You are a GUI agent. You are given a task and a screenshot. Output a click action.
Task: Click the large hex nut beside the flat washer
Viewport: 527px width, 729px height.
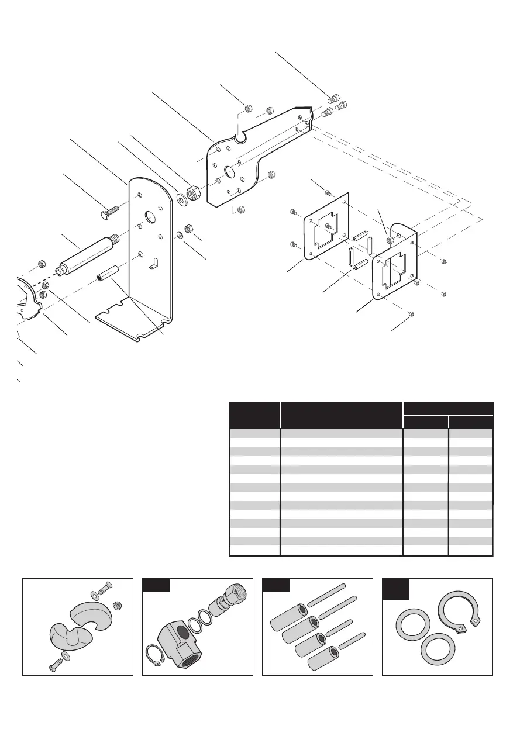(x=193, y=191)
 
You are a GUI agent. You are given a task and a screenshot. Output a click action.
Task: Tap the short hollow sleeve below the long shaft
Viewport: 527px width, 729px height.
(x=108, y=274)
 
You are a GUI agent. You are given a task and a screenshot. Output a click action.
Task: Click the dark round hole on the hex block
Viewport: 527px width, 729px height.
(x=184, y=630)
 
